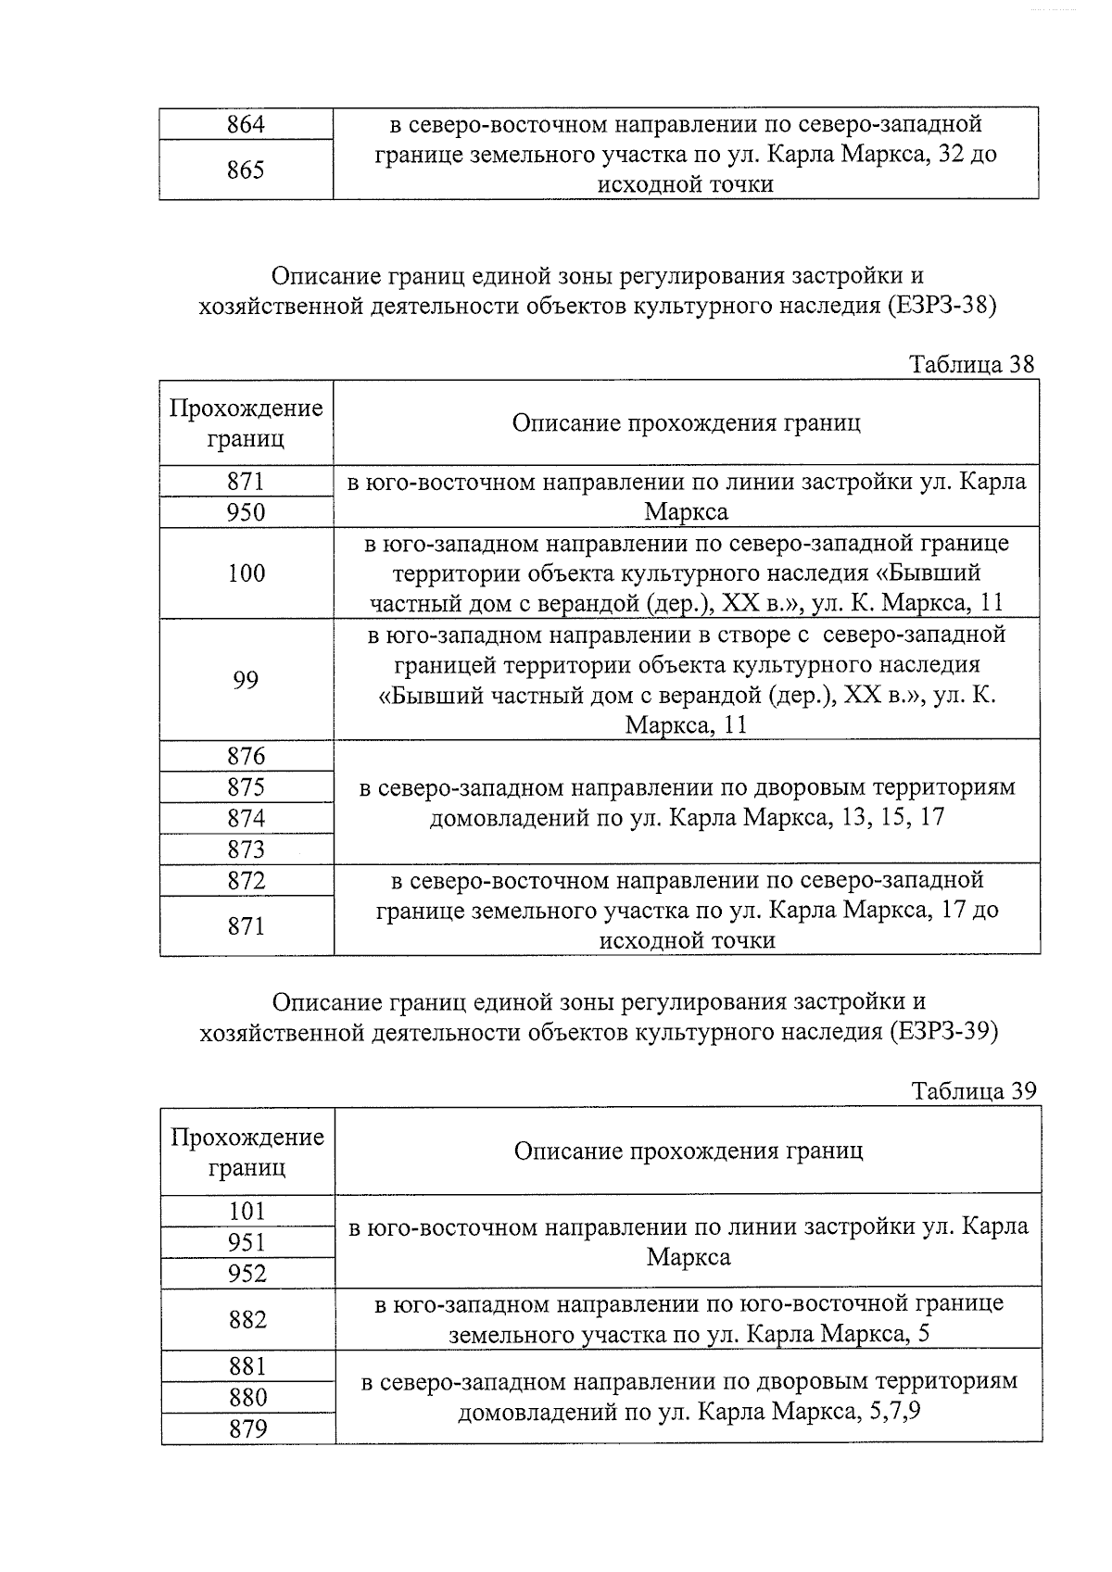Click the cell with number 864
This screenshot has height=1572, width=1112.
click(246, 124)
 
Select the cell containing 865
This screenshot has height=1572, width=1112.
click(246, 170)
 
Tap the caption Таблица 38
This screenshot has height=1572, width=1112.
click(971, 364)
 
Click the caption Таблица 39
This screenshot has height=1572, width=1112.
click(973, 1091)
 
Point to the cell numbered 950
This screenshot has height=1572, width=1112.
click(246, 512)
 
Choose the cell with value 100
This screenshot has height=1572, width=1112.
click(246, 573)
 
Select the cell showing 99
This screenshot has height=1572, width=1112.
click(246, 680)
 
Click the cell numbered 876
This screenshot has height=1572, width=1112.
click(246, 756)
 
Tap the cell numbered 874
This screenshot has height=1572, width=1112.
click(246, 818)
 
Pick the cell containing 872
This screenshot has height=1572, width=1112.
click(246, 880)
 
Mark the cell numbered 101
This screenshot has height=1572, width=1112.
click(246, 1211)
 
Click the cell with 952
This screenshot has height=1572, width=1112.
click(246, 1274)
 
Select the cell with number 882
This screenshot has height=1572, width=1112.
click(246, 1319)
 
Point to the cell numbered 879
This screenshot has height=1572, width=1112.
click(246, 1428)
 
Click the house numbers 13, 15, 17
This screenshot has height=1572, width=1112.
click(891, 819)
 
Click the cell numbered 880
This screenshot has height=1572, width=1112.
click(246, 1397)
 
